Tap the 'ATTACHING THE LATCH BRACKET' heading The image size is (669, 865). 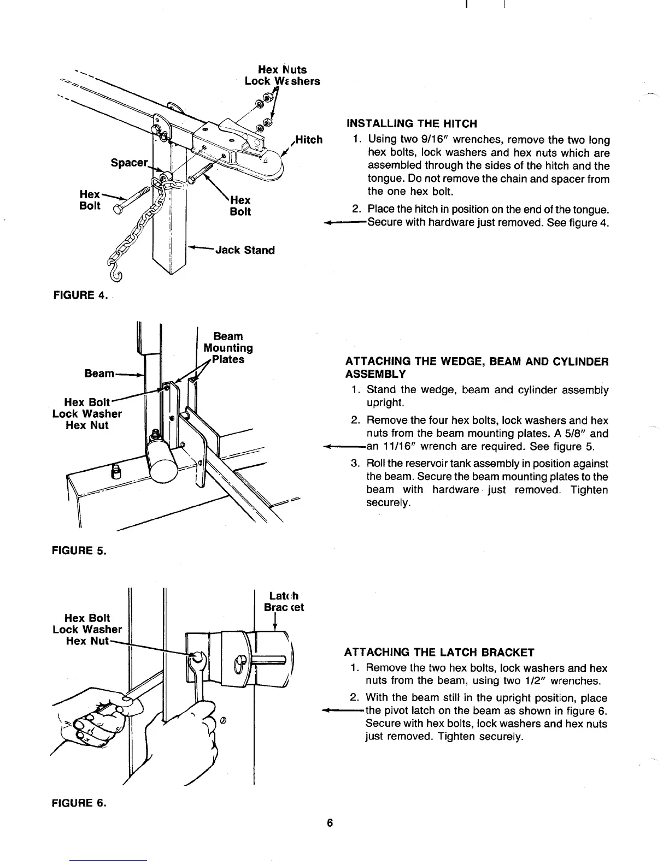coord(439,652)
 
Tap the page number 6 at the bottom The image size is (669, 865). coord(330,823)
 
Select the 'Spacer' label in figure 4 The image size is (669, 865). coord(129,163)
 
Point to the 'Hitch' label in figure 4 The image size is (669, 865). coord(309,140)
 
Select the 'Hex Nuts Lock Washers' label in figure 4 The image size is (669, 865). coord(282,75)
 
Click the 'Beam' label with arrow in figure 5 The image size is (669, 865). coord(99,374)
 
